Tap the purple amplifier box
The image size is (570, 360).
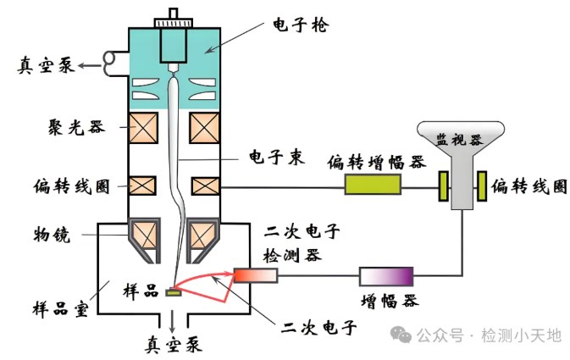(386, 276)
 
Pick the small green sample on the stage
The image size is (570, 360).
(174, 293)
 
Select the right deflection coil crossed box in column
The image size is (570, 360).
(206, 185)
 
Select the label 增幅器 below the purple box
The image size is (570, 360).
(386, 302)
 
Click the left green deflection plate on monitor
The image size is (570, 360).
(442, 186)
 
